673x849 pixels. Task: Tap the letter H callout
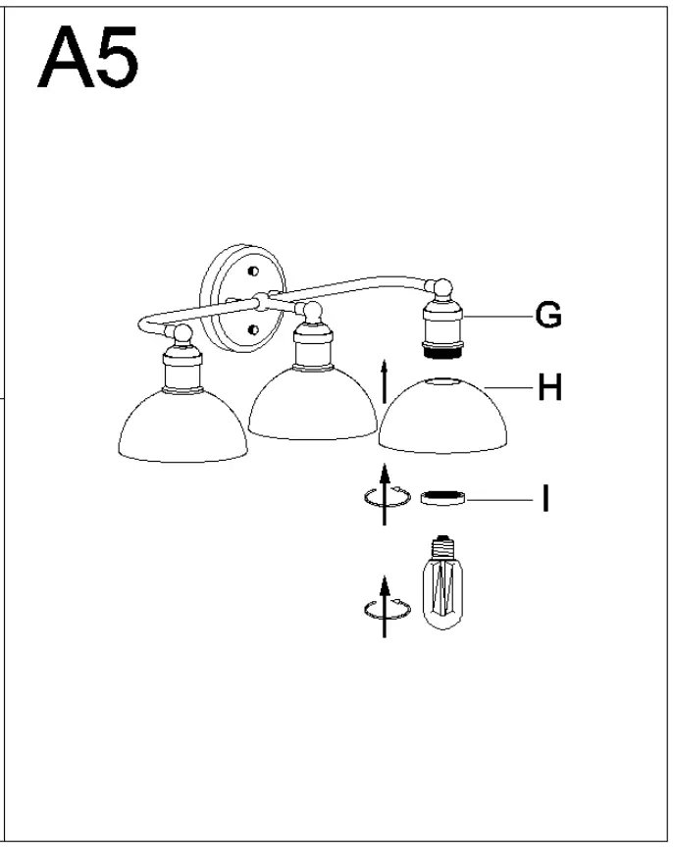[549, 388]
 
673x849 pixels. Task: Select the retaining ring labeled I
[442, 499]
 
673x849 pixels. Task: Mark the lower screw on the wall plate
[254, 330]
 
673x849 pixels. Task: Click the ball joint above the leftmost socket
[179, 333]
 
